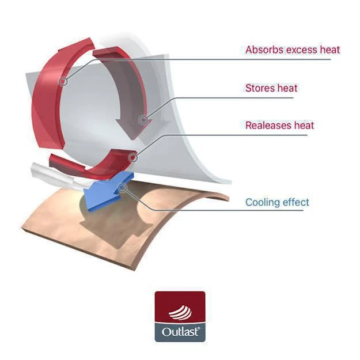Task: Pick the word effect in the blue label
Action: coord(296,202)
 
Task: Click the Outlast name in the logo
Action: coord(180,332)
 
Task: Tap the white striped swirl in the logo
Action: coord(180,313)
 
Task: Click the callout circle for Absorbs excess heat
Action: coord(63,81)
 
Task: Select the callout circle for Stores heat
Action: coord(144,120)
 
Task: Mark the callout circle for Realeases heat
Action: coord(133,157)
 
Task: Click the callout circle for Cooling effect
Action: coord(123,188)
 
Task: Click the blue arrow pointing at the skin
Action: coord(108,191)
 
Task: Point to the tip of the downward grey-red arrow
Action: coord(134,139)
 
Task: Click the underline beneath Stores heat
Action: coord(233,98)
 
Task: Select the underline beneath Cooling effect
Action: coord(228,210)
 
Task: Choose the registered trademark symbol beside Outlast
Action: coord(199,328)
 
